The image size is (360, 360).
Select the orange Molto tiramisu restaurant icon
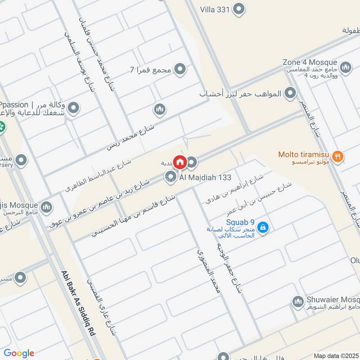coord(339,156)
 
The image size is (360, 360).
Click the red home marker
coord(180,162)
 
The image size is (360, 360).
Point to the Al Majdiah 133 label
coord(205,177)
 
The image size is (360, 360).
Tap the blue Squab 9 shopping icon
coord(263,228)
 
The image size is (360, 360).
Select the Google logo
coord(19,353)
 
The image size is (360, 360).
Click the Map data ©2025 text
coord(336,355)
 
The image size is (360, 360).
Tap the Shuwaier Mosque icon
coord(297,302)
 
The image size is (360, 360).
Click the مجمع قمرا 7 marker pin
coord(180,69)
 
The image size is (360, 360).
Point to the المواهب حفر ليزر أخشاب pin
coord(291,94)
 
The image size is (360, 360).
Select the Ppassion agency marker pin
coord(73,108)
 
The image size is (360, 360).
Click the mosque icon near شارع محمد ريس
coord(159,109)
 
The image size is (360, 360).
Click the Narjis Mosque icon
coord(46,207)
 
